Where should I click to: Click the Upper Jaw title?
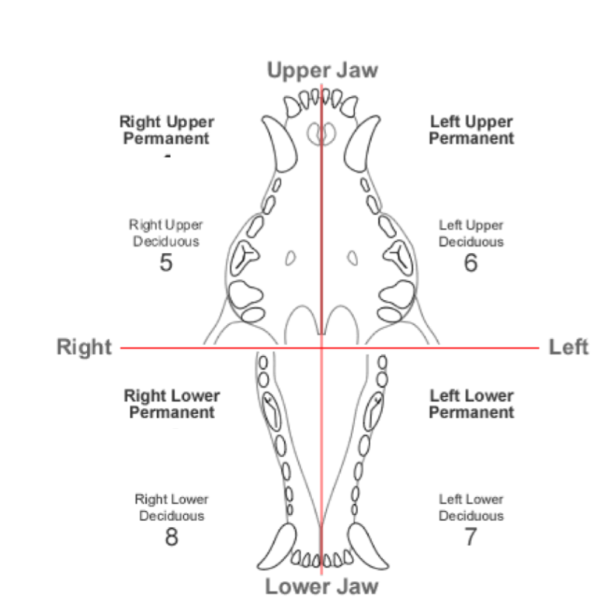[x=322, y=71]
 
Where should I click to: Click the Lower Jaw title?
[x=321, y=586]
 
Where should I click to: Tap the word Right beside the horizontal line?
[x=84, y=347]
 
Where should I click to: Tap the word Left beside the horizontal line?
[x=568, y=347]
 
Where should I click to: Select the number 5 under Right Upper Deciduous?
[x=166, y=263]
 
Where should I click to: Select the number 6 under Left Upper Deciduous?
[x=471, y=263]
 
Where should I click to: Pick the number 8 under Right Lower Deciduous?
[x=172, y=537]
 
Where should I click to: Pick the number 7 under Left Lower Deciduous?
[x=471, y=537]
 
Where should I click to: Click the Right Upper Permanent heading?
[x=166, y=130]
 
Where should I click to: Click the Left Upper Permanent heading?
[x=471, y=130]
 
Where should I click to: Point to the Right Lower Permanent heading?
[x=172, y=404]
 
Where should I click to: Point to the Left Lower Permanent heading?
[x=471, y=404]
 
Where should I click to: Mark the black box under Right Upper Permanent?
[x=176, y=174]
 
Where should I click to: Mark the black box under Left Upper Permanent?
[x=471, y=174]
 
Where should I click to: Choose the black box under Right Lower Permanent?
[x=173, y=452]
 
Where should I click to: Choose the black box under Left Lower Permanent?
[x=474, y=451]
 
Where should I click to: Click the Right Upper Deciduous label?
[x=166, y=233]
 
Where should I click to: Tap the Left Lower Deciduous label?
[x=471, y=507]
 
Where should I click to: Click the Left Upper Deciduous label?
[x=471, y=233]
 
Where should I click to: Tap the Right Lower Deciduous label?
[x=172, y=507]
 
